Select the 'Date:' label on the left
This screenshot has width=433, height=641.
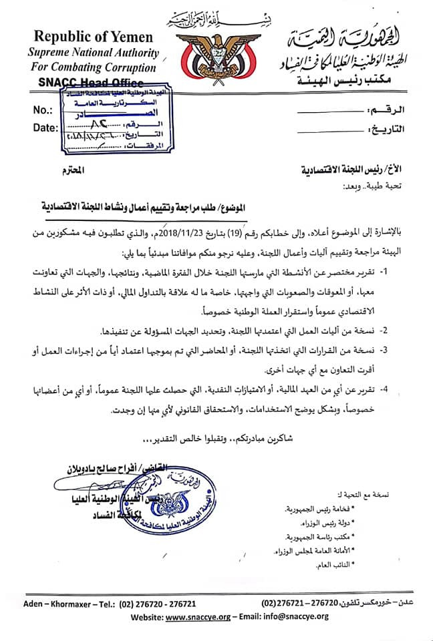pos(44,127)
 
